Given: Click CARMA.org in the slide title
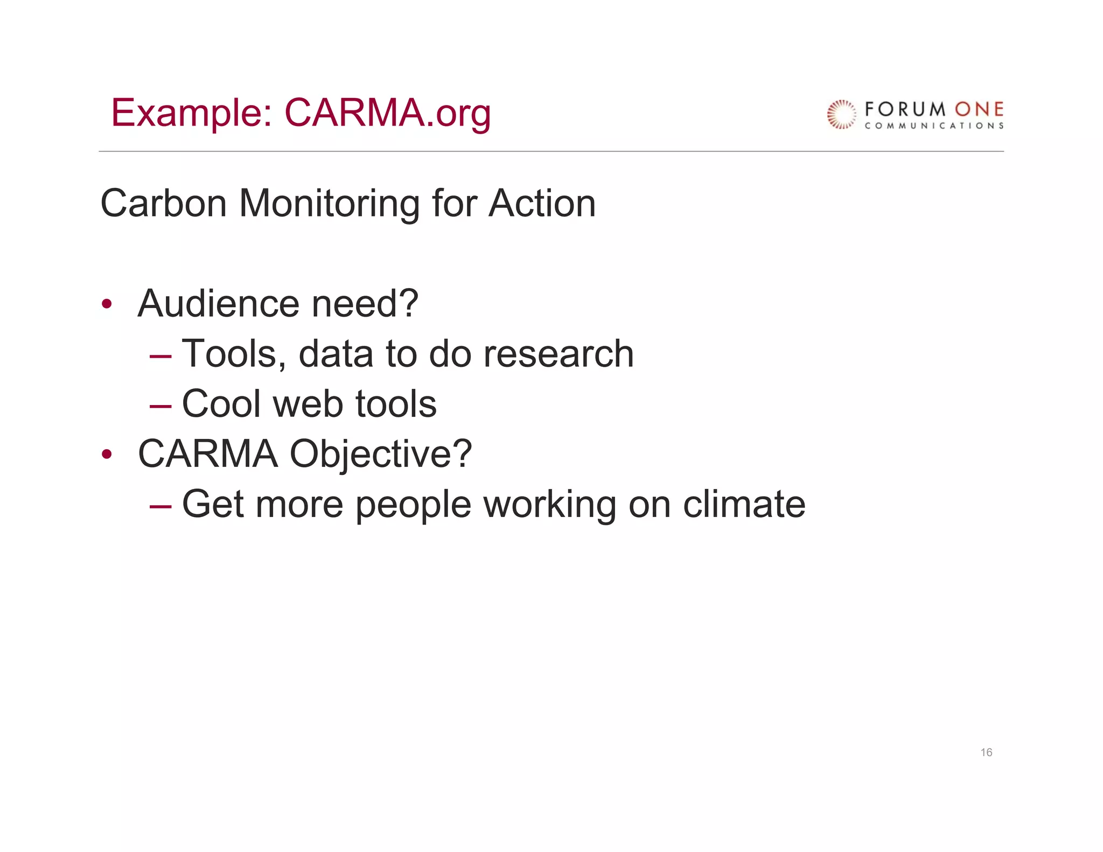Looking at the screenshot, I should [x=387, y=113].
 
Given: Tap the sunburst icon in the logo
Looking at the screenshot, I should [x=841, y=114].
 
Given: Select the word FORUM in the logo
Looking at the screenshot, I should [x=905, y=109].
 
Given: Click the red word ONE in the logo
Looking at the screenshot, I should [x=979, y=109].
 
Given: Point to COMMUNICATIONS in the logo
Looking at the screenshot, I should [x=934, y=126].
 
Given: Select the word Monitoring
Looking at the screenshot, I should [x=329, y=204].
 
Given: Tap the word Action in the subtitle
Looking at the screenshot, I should [x=542, y=204].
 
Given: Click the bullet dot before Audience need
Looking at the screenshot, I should [x=107, y=304].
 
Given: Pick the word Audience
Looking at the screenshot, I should [x=219, y=304].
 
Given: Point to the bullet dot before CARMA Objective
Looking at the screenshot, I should [x=107, y=455].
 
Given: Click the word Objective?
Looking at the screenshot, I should [x=381, y=455].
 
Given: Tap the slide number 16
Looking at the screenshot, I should [x=986, y=752].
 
